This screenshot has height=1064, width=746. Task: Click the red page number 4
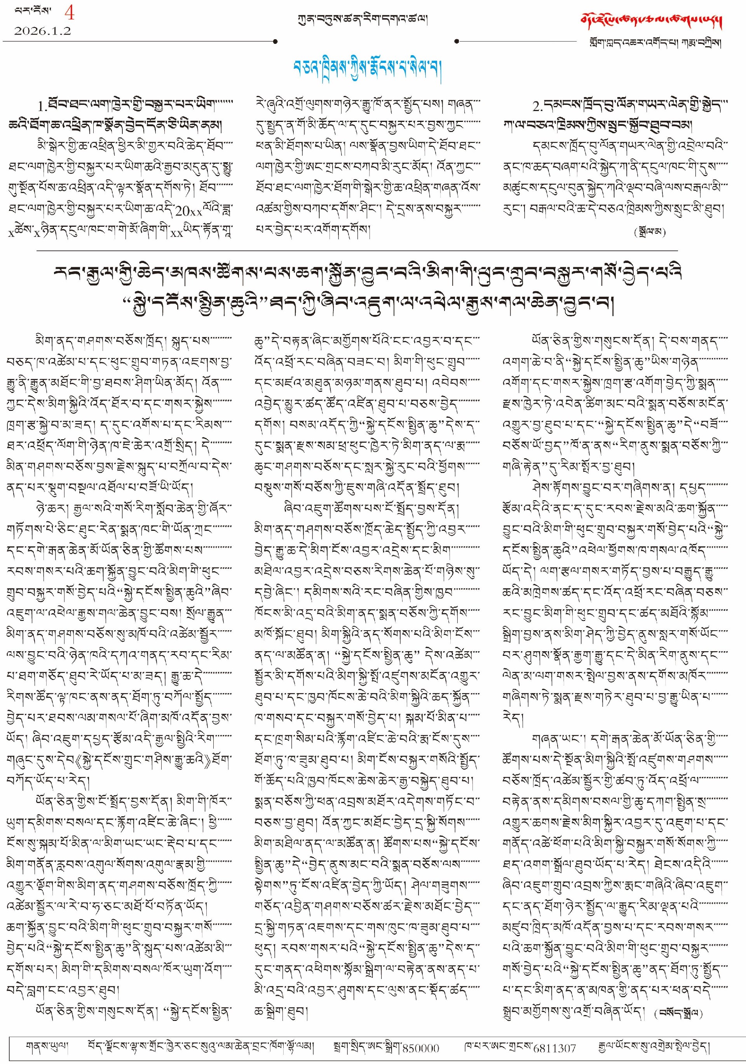pos(69,12)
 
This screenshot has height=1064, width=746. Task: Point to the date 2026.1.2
pos(42,31)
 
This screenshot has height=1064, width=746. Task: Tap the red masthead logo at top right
pos(652,21)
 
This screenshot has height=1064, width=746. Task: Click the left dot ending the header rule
pos(275,42)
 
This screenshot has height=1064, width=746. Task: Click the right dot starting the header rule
pos(457,42)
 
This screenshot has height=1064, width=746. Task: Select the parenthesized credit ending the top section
pos(650,232)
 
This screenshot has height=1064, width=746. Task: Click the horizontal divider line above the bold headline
pos(357,251)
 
